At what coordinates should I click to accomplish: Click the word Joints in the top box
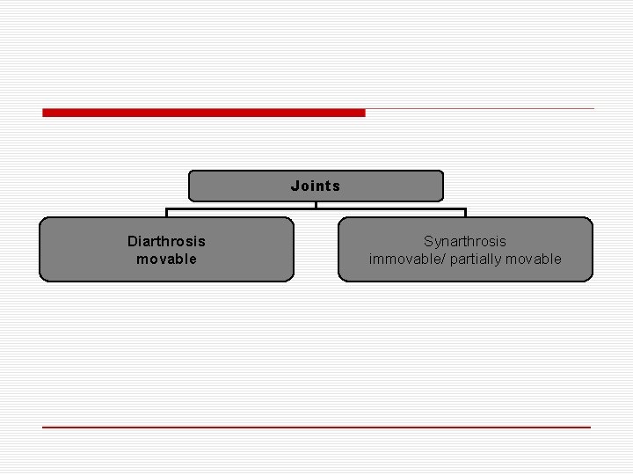[316, 186]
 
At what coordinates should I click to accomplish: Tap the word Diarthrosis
[166, 241]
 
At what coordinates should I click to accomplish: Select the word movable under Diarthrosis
[166, 259]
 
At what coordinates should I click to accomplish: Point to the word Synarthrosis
[465, 241]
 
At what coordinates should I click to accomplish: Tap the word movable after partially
[532, 259]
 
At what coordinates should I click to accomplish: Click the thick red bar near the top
[203, 113]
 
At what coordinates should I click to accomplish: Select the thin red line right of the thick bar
[479, 109]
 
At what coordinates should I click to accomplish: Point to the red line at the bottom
[316, 427]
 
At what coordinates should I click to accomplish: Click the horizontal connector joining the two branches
[264, 209]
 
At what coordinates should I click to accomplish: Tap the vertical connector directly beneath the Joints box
[316, 205]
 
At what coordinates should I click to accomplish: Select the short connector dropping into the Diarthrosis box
[167, 213]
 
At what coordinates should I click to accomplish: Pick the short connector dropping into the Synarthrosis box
[465, 213]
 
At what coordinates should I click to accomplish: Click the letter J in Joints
[295, 186]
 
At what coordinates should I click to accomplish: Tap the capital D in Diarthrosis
[132, 241]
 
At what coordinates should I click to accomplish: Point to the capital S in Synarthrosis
[428, 241]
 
